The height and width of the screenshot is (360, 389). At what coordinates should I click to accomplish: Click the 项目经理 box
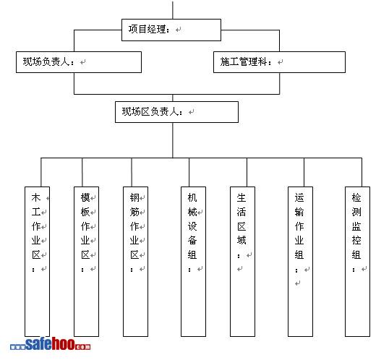click(x=171, y=30)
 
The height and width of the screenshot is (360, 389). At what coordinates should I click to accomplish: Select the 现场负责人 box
click(x=79, y=62)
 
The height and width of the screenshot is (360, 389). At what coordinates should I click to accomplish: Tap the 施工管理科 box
click(x=279, y=62)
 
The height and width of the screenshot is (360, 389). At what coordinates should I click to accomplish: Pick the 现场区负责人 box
click(x=176, y=112)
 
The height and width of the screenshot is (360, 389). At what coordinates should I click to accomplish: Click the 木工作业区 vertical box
click(x=37, y=262)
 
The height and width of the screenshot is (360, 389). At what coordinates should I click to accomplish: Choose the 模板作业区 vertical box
click(x=86, y=262)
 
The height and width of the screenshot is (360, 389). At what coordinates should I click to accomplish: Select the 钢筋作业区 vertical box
click(x=135, y=262)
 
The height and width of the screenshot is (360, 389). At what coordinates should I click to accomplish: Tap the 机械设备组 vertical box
click(x=193, y=262)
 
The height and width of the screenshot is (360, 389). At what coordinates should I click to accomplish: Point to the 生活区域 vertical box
click(x=242, y=262)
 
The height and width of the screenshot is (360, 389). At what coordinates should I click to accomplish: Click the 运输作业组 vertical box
click(x=300, y=262)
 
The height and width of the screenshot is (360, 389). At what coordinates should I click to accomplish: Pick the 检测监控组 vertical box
click(x=357, y=262)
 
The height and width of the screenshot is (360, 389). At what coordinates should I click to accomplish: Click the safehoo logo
click(x=50, y=344)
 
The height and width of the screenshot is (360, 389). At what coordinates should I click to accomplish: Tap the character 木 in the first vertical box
click(x=36, y=198)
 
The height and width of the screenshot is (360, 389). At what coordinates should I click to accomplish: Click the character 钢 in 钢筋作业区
click(x=134, y=198)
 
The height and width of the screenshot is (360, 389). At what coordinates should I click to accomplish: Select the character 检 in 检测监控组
click(x=356, y=198)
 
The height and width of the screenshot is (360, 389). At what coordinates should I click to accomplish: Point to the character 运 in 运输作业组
click(x=299, y=198)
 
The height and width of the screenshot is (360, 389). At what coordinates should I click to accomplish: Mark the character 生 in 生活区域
click(x=241, y=198)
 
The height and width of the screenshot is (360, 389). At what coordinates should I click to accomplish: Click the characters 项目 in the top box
click(x=137, y=29)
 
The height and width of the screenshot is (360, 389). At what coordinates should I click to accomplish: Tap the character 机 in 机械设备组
click(x=192, y=198)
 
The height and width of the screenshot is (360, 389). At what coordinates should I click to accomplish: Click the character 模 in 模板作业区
click(x=85, y=198)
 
